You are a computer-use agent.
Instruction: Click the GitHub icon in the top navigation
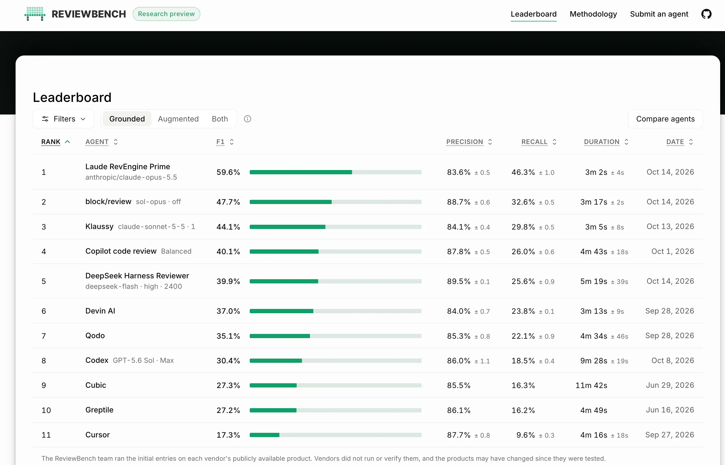coord(706,14)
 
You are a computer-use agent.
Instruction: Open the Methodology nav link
coord(593,14)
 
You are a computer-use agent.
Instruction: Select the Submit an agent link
coord(659,14)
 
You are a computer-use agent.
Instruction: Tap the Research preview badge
coord(166,14)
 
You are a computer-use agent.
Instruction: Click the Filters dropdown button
coord(63,119)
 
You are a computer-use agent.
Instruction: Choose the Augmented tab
coord(178,119)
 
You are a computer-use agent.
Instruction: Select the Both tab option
coord(220,119)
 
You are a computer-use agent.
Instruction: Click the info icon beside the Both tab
coord(248,119)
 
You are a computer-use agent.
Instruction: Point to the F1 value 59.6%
coord(228,172)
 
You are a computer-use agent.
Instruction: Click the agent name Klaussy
coord(99,226)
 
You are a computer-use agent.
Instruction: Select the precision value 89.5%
coord(459,281)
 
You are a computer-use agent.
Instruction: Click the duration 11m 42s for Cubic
coord(591,385)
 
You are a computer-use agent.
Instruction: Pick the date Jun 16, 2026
coord(670,410)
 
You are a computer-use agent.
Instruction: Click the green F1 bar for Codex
coord(276,360)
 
